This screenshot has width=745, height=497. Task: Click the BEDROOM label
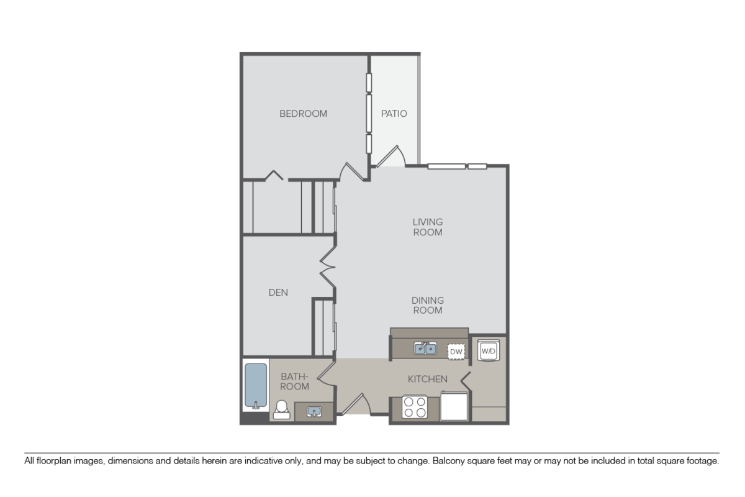tap(303, 114)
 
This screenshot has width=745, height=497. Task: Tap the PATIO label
tap(394, 114)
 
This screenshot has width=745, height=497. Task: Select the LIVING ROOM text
tap(428, 227)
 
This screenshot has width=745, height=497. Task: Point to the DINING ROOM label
tap(428, 305)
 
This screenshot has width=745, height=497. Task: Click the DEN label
tap(278, 292)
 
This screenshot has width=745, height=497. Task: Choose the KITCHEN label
tap(427, 378)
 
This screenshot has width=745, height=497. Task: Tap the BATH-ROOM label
tap(295, 381)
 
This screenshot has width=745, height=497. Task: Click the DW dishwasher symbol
tap(456, 352)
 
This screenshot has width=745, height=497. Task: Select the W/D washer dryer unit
tap(489, 352)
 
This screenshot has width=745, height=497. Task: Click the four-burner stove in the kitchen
tap(415, 408)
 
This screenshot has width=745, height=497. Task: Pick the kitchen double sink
tap(426, 349)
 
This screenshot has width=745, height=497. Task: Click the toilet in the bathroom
tap(281, 410)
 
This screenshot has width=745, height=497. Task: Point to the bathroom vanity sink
tap(313, 411)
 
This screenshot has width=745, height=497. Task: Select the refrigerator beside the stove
tap(454, 408)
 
